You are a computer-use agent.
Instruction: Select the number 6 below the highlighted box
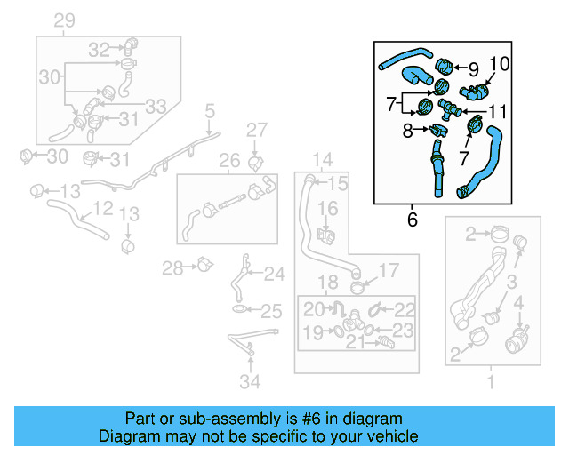(x=412, y=219)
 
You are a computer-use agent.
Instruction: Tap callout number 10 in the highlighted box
(x=499, y=63)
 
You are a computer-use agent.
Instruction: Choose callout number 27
(x=257, y=131)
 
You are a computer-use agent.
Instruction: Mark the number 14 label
(x=321, y=161)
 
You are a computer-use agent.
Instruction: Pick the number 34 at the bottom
(x=251, y=383)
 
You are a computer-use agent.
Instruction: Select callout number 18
(x=328, y=283)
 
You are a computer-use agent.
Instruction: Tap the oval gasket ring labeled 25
(x=240, y=309)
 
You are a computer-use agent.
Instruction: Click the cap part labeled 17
(x=358, y=286)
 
